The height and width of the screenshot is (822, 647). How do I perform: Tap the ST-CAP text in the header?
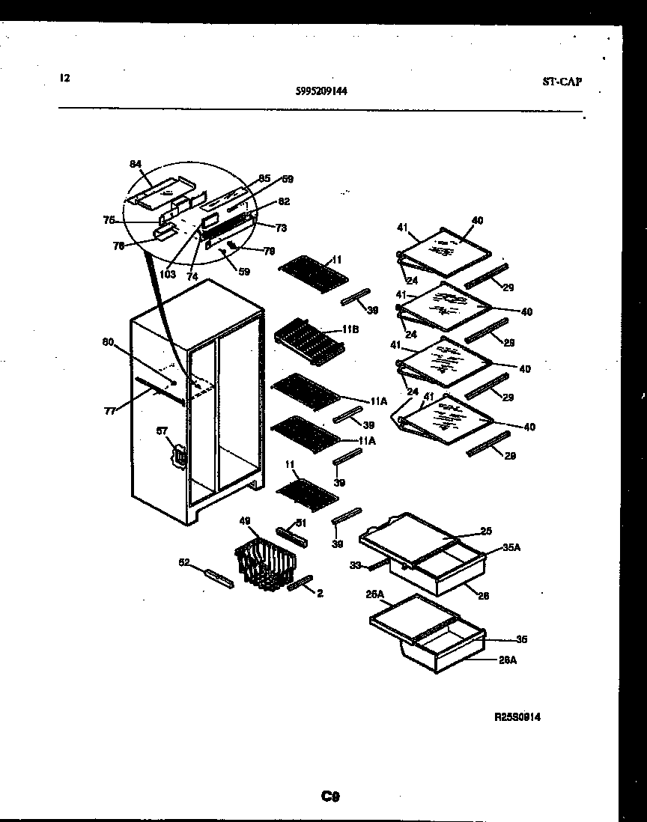(x=562, y=82)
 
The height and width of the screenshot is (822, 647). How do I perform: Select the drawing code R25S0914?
(x=517, y=716)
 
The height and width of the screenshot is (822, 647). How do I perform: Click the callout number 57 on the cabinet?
(x=160, y=431)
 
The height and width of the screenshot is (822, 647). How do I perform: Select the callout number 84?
(x=135, y=164)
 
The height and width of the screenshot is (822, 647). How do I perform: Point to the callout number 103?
(x=167, y=274)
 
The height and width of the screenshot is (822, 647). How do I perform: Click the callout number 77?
(x=110, y=410)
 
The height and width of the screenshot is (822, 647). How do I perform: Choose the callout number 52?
(x=183, y=563)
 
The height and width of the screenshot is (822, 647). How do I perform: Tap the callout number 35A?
(x=511, y=548)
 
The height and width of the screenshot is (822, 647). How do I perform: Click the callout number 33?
(x=355, y=565)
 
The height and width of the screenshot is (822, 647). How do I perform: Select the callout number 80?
(x=108, y=343)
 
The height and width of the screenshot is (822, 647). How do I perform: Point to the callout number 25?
(x=486, y=532)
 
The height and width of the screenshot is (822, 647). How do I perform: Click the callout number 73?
(x=281, y=227)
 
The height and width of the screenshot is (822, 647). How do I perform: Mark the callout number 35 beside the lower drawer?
(x=523, y=639)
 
